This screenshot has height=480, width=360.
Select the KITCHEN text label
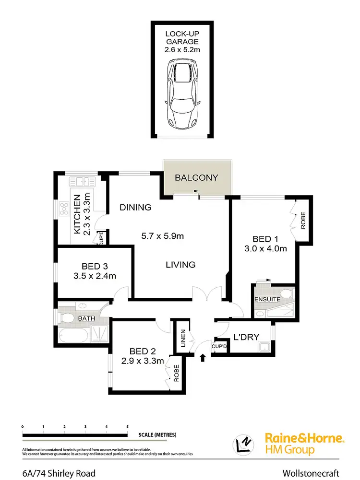coord(77,213)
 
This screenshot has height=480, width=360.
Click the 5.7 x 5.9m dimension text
coord(162,236)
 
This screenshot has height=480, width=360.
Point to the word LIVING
coord(180,264)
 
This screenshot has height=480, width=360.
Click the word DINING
coord(135,208)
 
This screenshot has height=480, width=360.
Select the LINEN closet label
coord(182,339)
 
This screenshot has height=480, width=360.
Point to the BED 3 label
coord(92,266)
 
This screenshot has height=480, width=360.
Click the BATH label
coord(86,318)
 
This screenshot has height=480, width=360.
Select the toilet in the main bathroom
coord(66,318)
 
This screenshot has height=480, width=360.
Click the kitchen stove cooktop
coord(64,209)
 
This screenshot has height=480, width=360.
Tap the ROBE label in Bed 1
coord(303,220)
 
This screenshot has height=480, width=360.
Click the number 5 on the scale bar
coord(128,426)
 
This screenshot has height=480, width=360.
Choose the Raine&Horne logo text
coord(304,438)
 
